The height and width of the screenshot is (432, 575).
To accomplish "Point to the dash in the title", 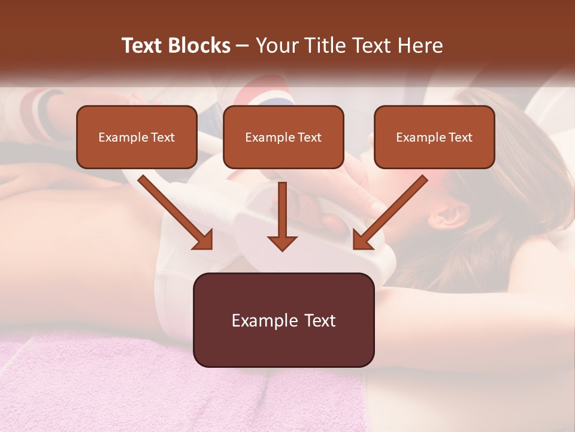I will point(243,46).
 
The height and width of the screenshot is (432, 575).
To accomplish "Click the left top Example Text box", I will point(137,137).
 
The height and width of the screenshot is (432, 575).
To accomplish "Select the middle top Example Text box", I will point(283,137).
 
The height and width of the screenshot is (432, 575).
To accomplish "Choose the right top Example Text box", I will point(434,137).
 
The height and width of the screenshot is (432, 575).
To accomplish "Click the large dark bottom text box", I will point(283,320).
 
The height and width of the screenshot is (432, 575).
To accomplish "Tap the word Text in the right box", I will point(460,137).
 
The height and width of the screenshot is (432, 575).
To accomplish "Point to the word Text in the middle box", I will point(309,137).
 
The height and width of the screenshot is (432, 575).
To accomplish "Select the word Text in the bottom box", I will point(320,320).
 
